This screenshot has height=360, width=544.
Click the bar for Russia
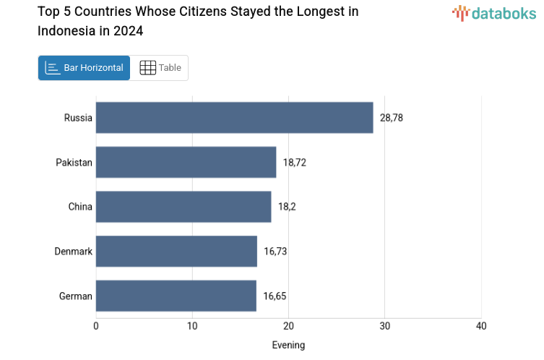click(234, 118)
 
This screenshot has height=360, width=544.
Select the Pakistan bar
click(186, 163)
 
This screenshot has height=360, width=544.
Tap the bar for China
click(184, 207)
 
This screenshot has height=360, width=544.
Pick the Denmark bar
click(176, 252)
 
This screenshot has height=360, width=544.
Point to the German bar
click(176, 296)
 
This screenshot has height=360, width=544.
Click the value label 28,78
click(392, 118)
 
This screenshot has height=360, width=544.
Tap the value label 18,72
click(295, 163)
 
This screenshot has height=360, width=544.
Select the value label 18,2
click(287, 207)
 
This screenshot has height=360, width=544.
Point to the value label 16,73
click(275, 252)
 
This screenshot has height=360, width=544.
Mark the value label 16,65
click(275, 296)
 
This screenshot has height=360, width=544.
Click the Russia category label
click(78, 118)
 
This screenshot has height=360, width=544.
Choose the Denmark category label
click(73, 252)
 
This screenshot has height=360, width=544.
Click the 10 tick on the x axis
click(192, 326)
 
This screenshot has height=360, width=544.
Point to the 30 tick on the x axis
click(385, 326)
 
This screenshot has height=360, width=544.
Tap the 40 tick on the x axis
click(481, 326)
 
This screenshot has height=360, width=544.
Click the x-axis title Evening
click(288, 345)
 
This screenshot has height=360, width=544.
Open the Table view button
click(160, 68)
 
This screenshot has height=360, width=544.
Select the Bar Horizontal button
click(85, 68)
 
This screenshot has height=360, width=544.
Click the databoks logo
click(494, 13)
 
